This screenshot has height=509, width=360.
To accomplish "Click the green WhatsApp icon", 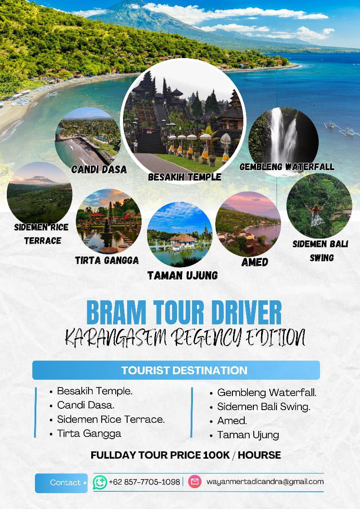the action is [100, 482].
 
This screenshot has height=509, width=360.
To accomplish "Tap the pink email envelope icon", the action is [195, 481].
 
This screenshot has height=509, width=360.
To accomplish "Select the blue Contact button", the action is [61, 483].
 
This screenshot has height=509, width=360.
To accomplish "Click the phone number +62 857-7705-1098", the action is [144, 482].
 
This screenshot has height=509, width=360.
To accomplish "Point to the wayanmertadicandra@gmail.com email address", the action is [265, 482].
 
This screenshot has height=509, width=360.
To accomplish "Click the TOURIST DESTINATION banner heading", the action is [184, 370].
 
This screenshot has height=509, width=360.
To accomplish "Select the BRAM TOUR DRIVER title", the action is [184, 312].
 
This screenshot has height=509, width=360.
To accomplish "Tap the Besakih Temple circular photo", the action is [183, 121].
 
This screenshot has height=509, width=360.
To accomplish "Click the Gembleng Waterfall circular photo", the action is [283, 140].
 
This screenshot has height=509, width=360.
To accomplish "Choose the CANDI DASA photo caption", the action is [99, 170].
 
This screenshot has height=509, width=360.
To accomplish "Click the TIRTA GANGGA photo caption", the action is [107, 260].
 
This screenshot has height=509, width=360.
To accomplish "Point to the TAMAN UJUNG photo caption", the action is [182, 276].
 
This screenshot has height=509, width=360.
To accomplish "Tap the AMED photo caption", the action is [255, 262].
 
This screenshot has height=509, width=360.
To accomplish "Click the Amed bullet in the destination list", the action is [232, 421].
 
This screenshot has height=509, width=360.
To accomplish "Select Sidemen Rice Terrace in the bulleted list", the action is [111, 420].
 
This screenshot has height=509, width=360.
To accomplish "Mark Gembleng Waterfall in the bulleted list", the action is [267, 392].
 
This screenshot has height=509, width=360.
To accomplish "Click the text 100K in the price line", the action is [217, 455].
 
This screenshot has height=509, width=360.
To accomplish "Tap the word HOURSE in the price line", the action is [259, 455].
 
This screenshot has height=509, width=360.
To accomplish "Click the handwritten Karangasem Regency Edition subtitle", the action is [185, 338].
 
